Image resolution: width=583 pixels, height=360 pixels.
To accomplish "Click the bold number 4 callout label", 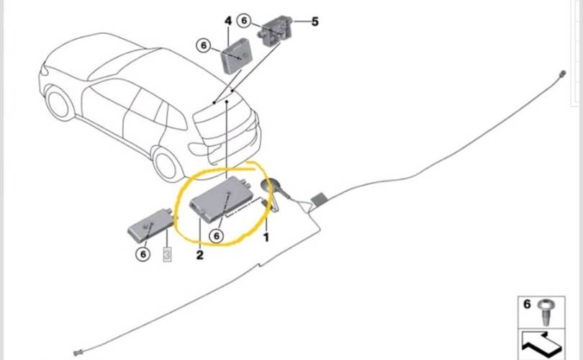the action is click(x=228, y=21).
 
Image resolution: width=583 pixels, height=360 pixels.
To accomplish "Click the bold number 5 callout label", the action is click(x=315, y=22).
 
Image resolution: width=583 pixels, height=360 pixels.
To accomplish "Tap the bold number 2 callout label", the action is click(x=199, y=255).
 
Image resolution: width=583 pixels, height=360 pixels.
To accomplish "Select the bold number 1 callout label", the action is click(x=266, y=237).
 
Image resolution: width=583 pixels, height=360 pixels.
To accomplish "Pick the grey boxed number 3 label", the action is click(x=167, y=254).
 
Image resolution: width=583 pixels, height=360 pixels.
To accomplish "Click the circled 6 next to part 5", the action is click(x=244, y=20).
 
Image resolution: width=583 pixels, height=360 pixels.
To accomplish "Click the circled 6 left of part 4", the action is click(x=204, y=46).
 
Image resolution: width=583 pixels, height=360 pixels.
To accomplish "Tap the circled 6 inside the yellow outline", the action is click(x=217, y=235).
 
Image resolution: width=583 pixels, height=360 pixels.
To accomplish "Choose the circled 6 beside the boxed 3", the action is click(x=143, y=254).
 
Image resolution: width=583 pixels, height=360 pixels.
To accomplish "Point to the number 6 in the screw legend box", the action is click(x=527, y=305).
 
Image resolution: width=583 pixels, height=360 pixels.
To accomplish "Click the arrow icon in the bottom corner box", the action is click(x=542, y=343).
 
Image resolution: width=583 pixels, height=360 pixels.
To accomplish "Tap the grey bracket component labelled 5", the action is click(x=275, y=30).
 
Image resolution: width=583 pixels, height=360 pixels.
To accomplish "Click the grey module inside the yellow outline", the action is click(x=222, y=199).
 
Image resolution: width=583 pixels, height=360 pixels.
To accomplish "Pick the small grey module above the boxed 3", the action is click(x=150, y=226).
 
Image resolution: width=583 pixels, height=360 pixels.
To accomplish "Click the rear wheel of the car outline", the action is click(x=167, y=165).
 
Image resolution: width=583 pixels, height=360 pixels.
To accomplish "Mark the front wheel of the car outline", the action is click(x=59, y=103).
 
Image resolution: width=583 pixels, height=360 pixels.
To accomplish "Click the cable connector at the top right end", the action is click(x=563, y=73).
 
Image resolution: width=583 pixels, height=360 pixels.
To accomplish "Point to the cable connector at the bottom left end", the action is click(x=78, y=352).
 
